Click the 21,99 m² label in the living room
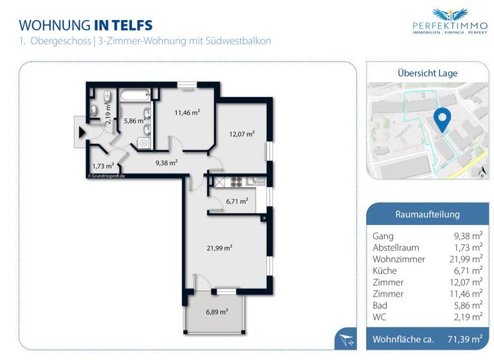[219, 248]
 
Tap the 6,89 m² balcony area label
[217, 312]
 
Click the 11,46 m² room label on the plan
[187, 113]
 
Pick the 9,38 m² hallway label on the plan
[166, 163]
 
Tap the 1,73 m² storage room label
[103, 165]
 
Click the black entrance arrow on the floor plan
[82, 133]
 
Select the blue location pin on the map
[442, 120]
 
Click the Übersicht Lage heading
[427, 73]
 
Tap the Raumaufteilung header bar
[427, 214]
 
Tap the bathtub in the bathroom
[133, 96]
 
